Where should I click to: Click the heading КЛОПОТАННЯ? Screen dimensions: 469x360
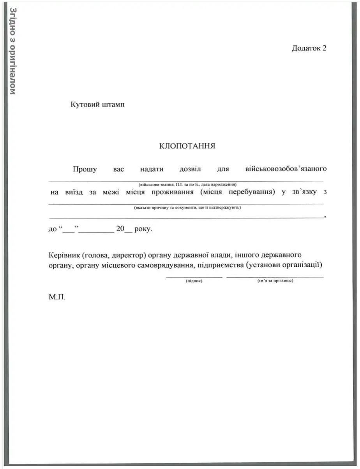click(187, 146)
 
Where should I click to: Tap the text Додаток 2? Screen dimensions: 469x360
click(309, 48)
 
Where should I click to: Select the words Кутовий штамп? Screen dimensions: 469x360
click(98, 105)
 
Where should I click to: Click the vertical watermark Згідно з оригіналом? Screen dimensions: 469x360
click(12, 51)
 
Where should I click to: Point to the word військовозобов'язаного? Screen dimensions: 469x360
click(286, 169)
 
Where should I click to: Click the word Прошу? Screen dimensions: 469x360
click(85, 169)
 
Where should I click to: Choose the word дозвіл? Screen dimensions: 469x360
click(190, 169)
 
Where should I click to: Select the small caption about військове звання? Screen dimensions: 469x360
click(187, 184)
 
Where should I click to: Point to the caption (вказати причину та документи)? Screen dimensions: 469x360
click(187, 208)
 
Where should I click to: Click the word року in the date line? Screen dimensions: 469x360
click(143, 229)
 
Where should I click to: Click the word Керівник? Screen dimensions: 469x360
click(64, 255)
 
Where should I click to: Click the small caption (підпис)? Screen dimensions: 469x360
click(194, 281)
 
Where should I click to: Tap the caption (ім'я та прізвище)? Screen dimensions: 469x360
click(275, 281)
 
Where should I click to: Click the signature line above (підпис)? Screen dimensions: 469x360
click(194, 277)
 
